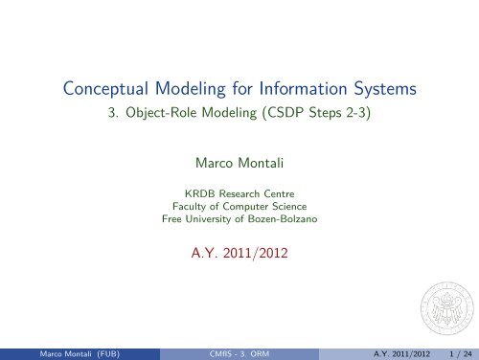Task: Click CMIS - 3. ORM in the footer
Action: coord(239,353)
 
